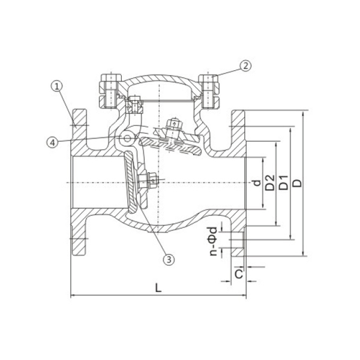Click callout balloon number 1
pos(57,87)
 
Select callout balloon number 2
pos(245,66)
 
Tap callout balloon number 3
pos(169,260)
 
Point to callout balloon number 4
pos(52,142)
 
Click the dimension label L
pos(158,287)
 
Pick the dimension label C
pos(239,274)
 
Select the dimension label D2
pos(270,182)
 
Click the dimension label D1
pos(283,182)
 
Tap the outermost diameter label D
pos(298,183)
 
